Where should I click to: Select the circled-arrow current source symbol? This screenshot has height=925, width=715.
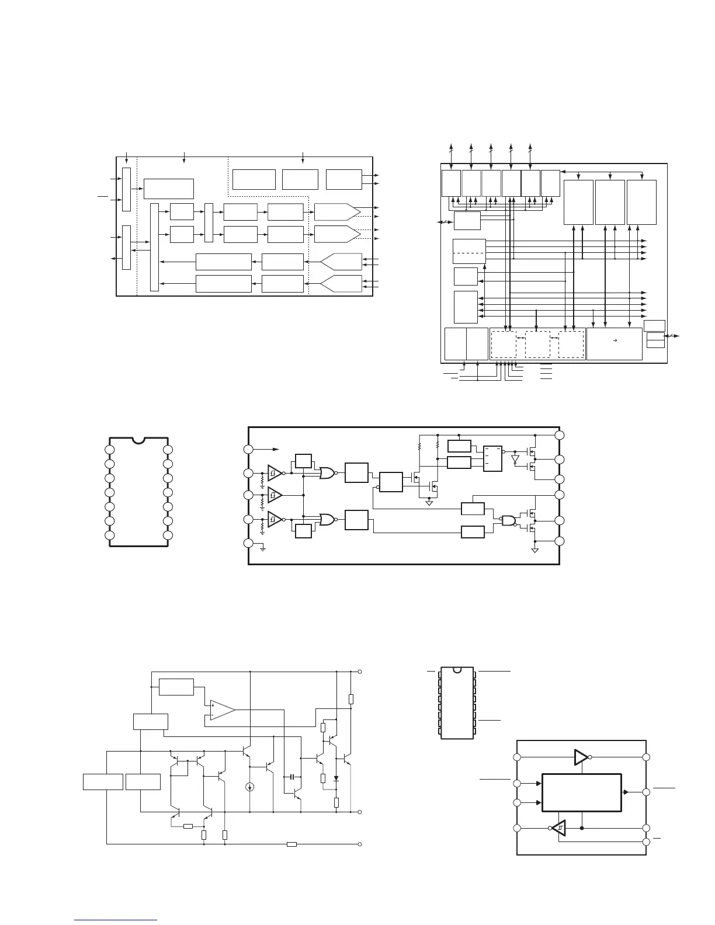point(250,787)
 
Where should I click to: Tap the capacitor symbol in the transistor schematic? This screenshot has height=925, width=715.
point(291,777)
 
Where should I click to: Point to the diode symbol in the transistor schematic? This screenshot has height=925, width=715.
point(336,778)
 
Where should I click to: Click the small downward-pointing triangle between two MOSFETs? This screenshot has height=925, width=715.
point(515,460)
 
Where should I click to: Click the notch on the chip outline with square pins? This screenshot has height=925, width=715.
point(457,669)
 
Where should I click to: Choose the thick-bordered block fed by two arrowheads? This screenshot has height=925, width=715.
point(582,792)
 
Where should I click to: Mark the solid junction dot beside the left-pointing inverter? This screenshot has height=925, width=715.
point(583,828)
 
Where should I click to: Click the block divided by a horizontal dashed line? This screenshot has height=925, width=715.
point(469,251)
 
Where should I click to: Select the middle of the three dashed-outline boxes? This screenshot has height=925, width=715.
point(537,345)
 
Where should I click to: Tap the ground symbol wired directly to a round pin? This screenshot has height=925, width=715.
point(263,549)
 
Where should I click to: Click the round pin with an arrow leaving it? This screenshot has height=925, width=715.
point(248,449)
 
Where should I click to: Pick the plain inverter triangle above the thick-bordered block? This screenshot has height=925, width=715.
point(581,757)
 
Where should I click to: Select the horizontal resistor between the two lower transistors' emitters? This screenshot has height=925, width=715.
point(188,826)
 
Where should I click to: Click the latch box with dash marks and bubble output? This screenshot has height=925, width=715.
point(493,459)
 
